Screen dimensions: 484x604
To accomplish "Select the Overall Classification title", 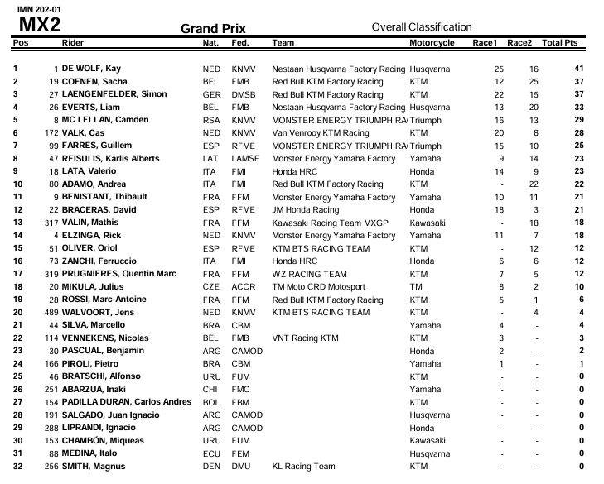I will (421, 27).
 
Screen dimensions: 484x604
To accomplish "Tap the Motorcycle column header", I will (432, 42).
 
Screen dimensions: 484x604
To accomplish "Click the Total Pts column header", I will (559, 42).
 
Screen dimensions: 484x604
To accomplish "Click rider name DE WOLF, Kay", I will (91, 69).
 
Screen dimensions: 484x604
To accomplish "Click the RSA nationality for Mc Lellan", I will (211, 121).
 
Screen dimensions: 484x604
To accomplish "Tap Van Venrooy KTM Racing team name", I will (321, 133).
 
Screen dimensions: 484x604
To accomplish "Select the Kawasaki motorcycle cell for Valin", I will (428, 223).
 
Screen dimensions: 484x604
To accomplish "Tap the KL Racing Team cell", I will (303, 467).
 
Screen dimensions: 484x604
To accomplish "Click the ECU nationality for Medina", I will (211, 453).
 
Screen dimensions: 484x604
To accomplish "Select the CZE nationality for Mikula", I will (211, 287).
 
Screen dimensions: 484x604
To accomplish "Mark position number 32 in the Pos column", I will (15, 467).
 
